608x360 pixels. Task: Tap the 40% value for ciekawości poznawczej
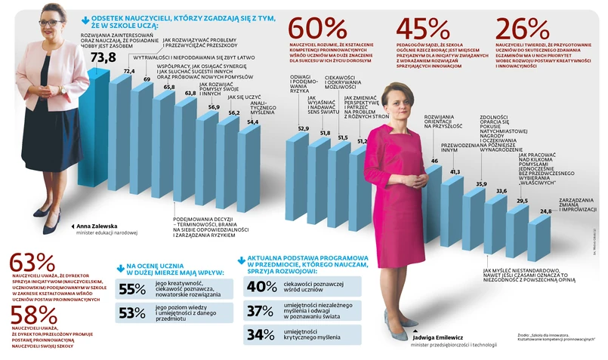pyautogui.click(x=261, y=286)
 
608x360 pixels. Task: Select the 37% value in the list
pyautogui.click(x=261, y=311)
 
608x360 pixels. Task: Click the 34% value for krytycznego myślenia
pyautogui.click(x=261, y=335)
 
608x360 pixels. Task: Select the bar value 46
pyautogui.click(x=434, y=161)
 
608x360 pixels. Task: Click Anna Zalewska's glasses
pyautogui.click(x=51, y=23)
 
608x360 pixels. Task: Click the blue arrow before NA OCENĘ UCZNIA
pyautogui.click(x=120, y=266)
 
